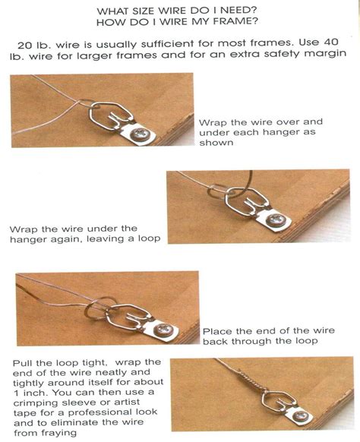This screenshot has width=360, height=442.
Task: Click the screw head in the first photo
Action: coord(141,134)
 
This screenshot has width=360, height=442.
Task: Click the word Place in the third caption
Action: coord(217,330)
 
